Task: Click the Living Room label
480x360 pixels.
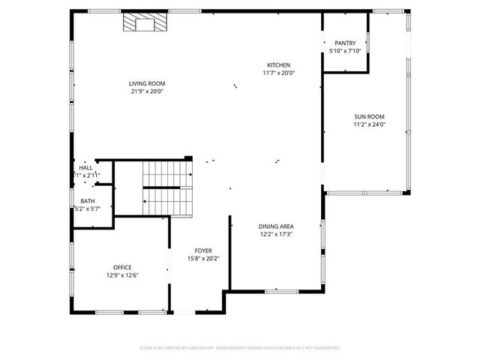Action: [146, 83]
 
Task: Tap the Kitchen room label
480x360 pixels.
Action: [278, 65]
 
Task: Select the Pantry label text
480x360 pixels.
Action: [346, 43]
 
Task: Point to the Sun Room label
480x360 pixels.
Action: [369, 117]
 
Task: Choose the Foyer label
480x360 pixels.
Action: [203, 250]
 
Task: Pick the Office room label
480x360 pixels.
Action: [121, 267]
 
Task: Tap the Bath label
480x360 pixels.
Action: [88, 201]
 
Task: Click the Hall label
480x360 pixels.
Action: [86, 168]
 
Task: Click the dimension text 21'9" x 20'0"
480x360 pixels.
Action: [146, 91]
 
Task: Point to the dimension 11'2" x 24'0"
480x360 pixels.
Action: [369, 125]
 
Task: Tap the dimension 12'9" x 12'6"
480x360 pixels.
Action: [121, 275]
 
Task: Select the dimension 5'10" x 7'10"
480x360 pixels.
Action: [346, 52]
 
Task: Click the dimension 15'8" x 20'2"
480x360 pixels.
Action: [203, 259]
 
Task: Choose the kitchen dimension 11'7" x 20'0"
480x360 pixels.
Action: [278, 73]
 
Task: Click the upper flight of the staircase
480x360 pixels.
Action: [166, 174]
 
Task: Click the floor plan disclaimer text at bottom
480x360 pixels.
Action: [240, 348]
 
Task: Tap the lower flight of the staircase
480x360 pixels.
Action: [166, 200]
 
